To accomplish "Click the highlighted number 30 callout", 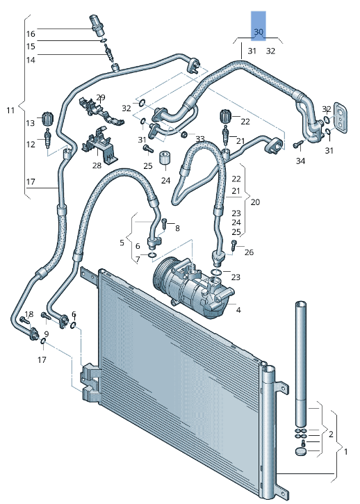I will click(x=259, y=32).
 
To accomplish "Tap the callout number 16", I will click(x=31, y=34).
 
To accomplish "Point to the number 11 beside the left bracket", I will click(x=10, y=110).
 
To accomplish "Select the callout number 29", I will click(x=101, y=97).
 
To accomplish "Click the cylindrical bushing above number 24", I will click(x=165, y=157).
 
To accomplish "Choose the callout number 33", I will click(x=200, y=139).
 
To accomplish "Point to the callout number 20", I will click(x=256, y=202).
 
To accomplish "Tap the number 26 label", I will click(x=249, y=252).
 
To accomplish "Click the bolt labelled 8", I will click(x=164, y=224).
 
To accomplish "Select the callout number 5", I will click(x=122, y=243).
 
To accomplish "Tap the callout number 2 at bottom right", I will click(x=332, y=434).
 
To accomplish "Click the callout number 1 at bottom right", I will click(x=345, y=450).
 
